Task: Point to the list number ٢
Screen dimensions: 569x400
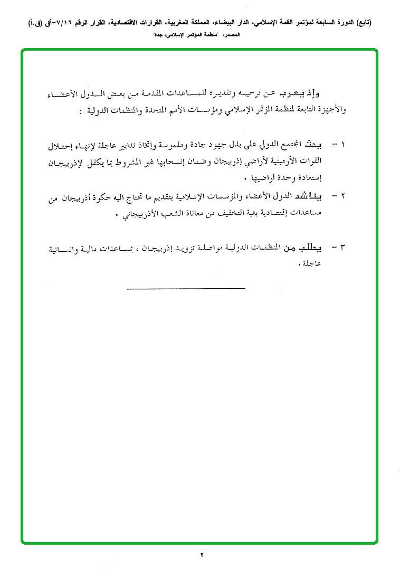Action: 344,196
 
